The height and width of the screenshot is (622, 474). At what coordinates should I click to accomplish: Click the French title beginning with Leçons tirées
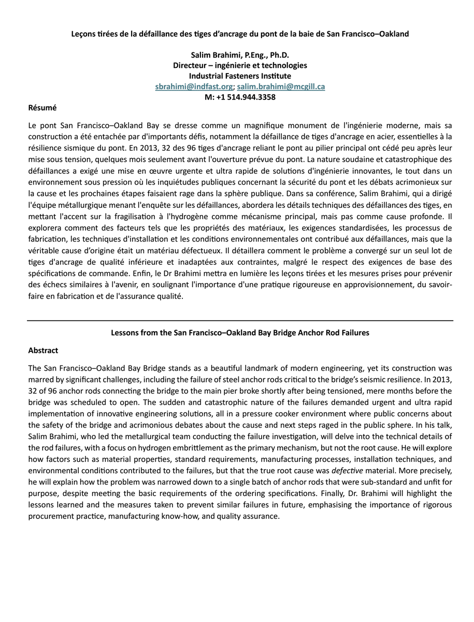pyautogui.click(x=240, y=34)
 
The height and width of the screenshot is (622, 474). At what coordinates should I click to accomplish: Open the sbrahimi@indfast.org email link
pyautogui.click(x=194, y=87)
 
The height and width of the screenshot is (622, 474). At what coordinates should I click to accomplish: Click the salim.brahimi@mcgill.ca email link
pyautogui.click(x=281, y=87)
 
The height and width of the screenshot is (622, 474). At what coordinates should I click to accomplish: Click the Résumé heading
pyautogui.click(x=42, y=108)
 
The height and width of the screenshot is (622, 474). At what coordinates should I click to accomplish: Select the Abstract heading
pyautogui.click(x=43, y=351)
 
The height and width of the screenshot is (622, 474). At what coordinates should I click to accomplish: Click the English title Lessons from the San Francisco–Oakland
pyautogui.click(x=240, y=333)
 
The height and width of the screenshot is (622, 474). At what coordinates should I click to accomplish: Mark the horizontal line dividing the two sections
pyautogui.click(x=240, y=321)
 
